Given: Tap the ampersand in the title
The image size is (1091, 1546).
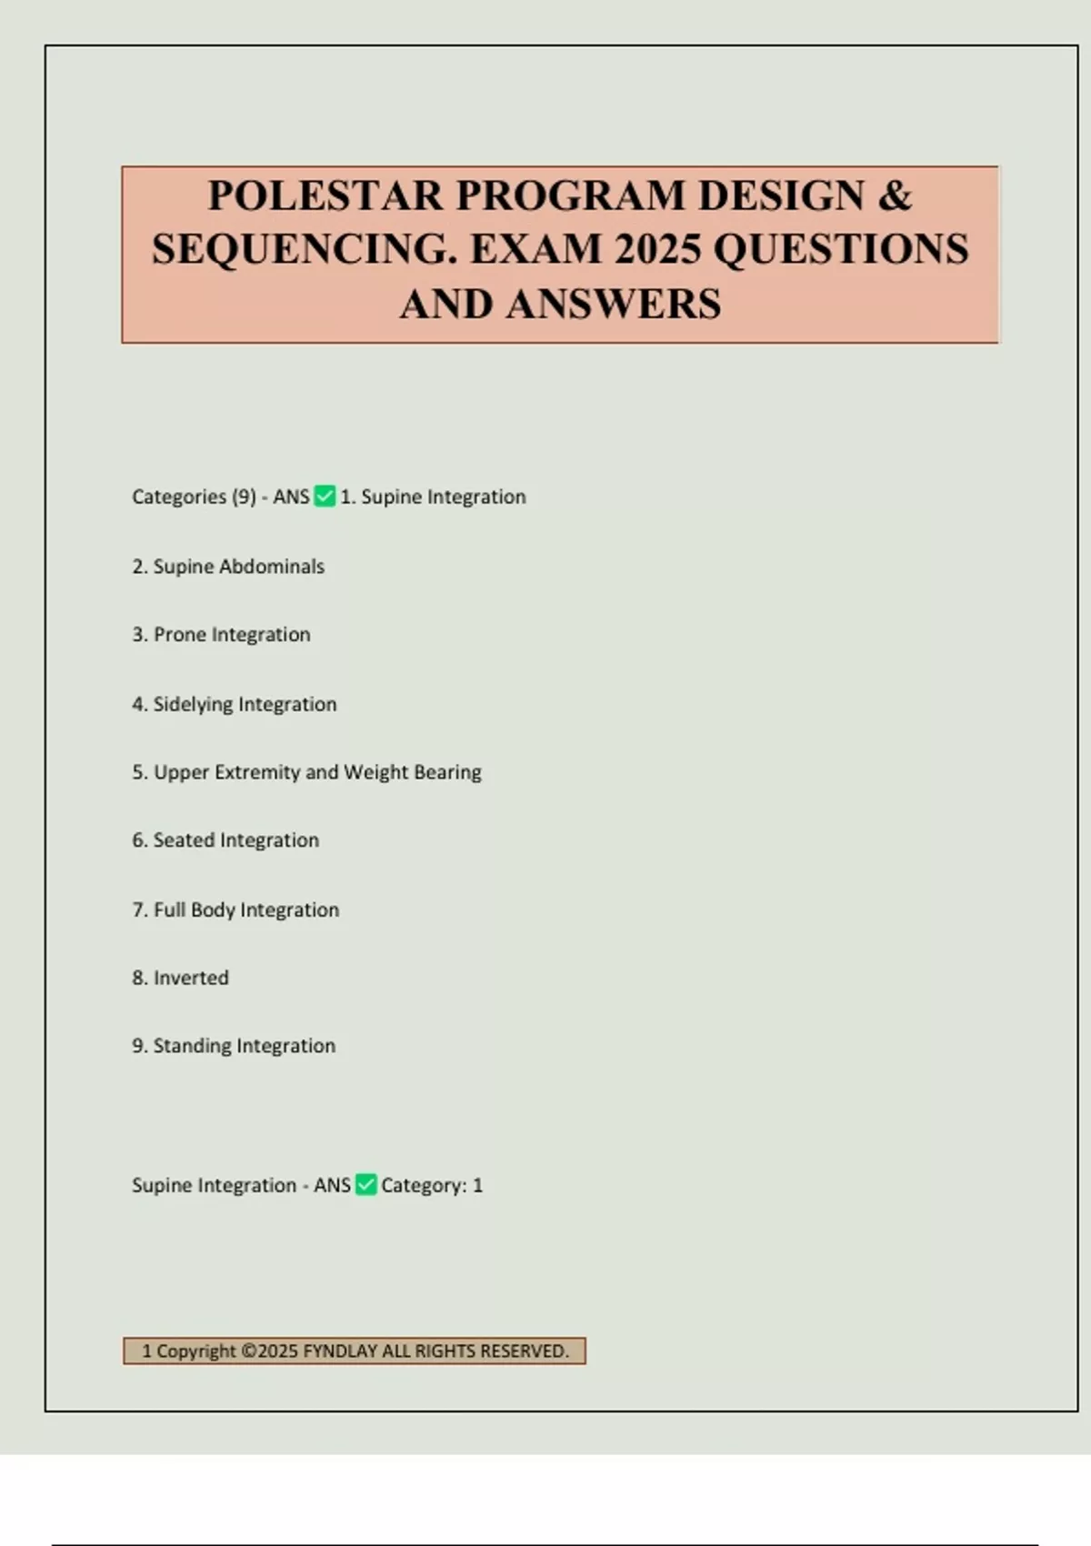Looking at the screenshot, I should tap(895, 196).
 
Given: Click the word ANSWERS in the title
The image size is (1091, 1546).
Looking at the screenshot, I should tap(614, 304).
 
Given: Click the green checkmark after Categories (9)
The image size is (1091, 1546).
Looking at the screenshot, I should tap(325, 497).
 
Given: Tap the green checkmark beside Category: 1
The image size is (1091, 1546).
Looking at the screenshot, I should tap(365, 1185).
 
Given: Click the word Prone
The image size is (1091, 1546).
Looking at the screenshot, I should tap(179, 635).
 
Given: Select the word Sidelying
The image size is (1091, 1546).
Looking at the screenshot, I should tap(193, 705).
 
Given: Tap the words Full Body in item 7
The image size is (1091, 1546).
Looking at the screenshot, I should tap(195, 909).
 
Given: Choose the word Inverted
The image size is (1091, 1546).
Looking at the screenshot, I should tap(191, 978).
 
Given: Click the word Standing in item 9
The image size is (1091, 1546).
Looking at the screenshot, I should tap(193, 1046).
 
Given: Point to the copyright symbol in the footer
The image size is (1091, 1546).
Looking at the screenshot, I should tap(248, 1351).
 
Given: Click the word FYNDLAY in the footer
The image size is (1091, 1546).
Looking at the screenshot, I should tap(339, 1351).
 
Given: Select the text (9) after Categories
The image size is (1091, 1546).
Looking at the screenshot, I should tap(244, 497).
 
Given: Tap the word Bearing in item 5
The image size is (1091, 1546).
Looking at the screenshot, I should tap(447, 772).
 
